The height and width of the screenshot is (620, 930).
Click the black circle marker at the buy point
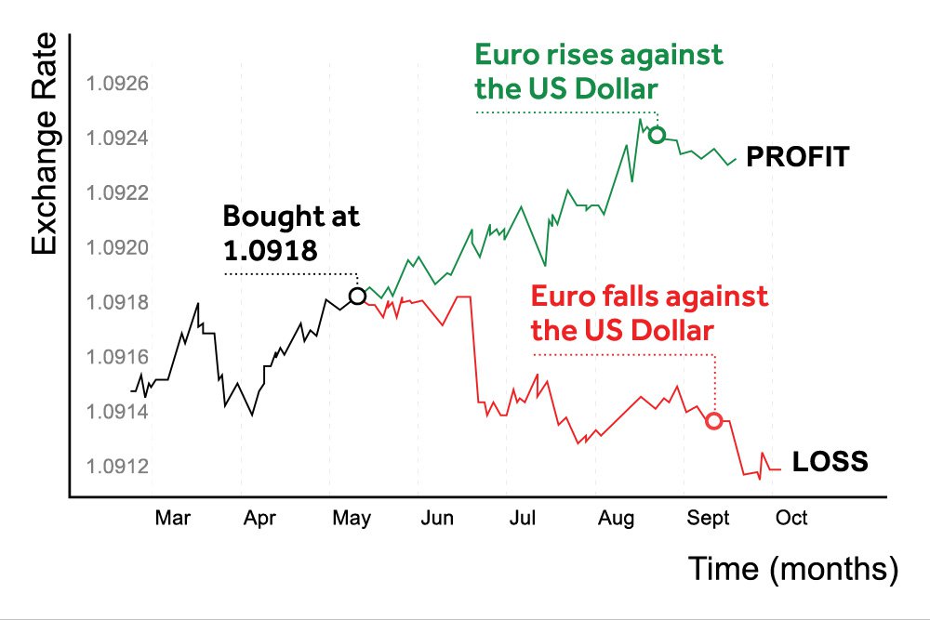[357, 296]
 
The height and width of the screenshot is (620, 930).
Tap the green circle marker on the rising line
[657, 135]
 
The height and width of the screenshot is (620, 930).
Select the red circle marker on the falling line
[714, 420]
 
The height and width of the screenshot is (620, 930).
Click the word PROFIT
[798, 157]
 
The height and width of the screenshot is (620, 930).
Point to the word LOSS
[830, 461]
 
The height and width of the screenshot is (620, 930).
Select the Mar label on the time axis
[172, 519]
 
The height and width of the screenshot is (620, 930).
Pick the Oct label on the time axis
[791, 519]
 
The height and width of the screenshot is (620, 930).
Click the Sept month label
[709, 519]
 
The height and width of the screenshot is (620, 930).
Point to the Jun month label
[437, 519]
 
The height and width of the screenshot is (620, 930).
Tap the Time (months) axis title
[793, 568]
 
